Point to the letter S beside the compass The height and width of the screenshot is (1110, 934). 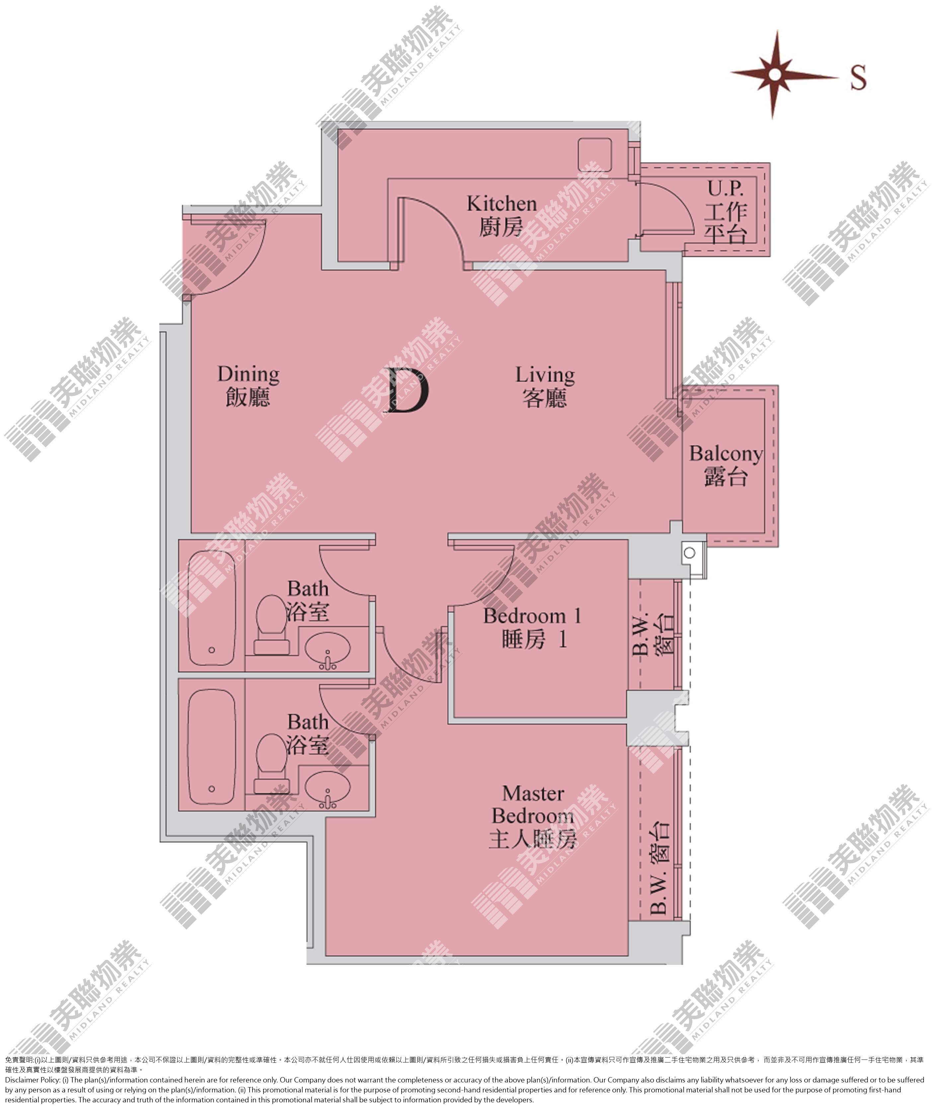858,77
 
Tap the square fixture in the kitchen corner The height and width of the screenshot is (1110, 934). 594,155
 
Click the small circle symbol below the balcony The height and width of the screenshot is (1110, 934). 689,553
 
